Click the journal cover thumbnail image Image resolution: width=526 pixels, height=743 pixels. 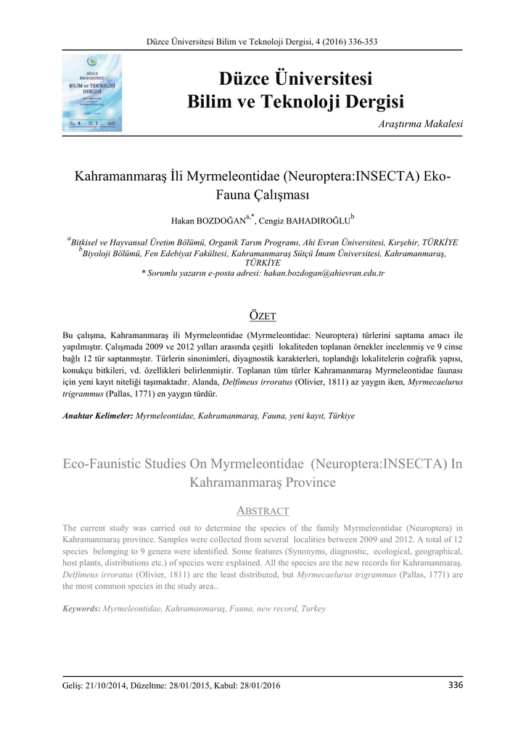click(91, 94)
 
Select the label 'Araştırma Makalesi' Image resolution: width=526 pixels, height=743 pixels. click(421, 125)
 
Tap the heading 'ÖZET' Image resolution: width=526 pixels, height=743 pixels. click(263, 315)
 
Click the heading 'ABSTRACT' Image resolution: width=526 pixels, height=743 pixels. click(263, 511)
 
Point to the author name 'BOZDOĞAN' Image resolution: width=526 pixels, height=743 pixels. click(221, 219)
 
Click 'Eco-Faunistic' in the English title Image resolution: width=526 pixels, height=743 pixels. click(107, 464)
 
